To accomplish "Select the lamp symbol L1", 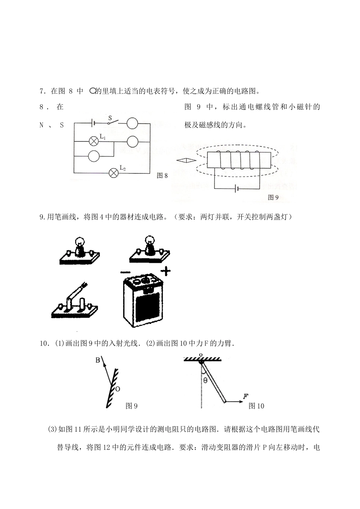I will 94,141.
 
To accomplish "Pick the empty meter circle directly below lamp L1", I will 94,156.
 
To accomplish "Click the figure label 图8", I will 162,176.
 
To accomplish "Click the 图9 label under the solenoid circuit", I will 273,197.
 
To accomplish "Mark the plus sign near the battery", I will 165,271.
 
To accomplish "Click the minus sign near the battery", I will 124,272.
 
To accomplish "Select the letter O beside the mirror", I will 117,389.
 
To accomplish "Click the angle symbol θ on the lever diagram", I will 205,380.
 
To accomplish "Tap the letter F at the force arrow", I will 245,397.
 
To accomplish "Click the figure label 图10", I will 256,406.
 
